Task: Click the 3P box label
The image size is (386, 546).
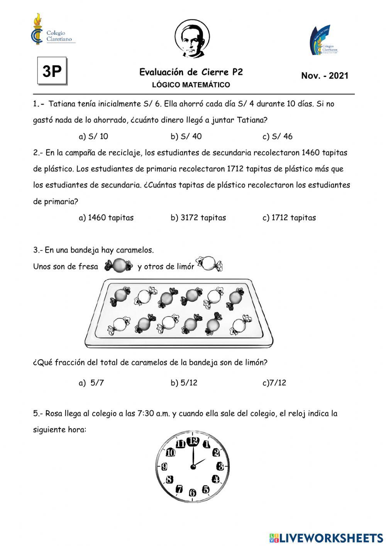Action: [52, 71]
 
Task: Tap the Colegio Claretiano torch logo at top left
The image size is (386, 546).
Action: [37, 29]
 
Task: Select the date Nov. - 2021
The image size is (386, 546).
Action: [324, 76]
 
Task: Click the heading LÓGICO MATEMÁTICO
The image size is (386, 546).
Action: [191, 85]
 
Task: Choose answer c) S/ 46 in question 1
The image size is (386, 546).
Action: [277, 136]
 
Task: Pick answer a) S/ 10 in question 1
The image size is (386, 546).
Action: [93, 136]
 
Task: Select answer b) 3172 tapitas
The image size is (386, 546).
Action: [198, 218]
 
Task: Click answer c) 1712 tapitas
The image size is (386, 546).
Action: [289, 218]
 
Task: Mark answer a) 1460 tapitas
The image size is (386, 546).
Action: [106, 218]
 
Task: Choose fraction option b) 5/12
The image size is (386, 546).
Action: [184, 383]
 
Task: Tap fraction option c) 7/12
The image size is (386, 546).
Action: [274, 383]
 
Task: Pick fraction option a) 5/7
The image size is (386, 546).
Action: [91, 383]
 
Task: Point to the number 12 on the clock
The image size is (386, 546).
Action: [193, 441]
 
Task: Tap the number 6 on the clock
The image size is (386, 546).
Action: [192, 493]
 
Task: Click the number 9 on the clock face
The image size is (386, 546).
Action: [164, 466]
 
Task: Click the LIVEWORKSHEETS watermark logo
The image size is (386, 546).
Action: [326, 537]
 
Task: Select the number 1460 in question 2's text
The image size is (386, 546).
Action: [310, 153]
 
